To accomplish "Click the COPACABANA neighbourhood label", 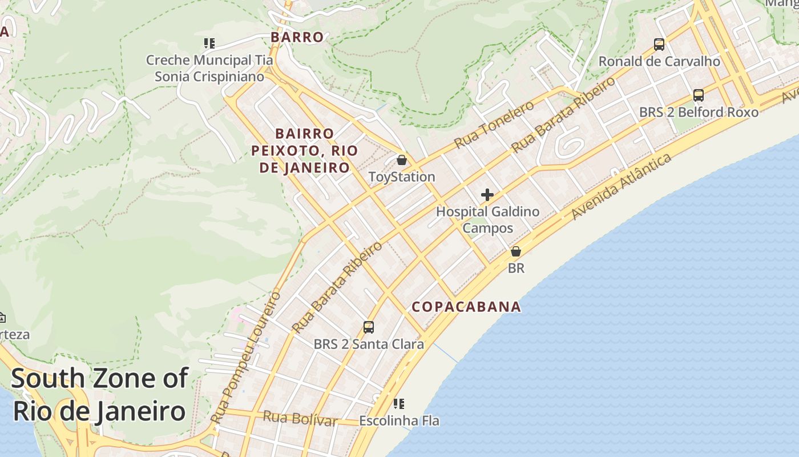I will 466,307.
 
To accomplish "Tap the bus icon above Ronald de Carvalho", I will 659,44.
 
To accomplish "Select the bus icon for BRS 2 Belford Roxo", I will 699,95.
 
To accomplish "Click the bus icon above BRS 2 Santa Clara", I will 369,327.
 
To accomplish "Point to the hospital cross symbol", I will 487,195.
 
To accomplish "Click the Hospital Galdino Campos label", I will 487,220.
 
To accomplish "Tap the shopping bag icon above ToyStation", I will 402,160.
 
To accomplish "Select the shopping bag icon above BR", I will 516,251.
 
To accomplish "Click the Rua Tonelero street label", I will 494,124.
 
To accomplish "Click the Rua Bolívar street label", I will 300,419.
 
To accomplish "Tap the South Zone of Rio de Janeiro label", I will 99,394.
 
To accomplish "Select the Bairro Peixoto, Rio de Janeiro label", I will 304,150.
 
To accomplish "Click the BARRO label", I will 297,37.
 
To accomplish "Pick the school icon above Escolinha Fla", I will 399,404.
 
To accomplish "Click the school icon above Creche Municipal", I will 209,43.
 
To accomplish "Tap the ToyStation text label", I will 402,177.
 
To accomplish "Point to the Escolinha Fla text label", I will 399,421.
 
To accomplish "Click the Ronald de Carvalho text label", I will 659,61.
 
